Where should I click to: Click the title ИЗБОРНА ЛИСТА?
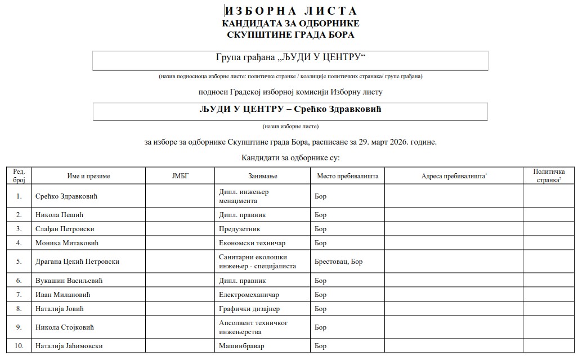[x=290, y=11]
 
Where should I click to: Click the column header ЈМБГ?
[x=180, y=176]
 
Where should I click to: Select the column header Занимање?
[x=262, y=176]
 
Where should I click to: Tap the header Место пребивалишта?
[x=347, y=176]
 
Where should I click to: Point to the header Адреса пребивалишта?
[x=454, y=176]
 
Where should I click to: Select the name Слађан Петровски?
[x=64, y=229]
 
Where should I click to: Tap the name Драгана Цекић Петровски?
[x=77, y=262]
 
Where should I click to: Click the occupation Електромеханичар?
[x=249, y=295]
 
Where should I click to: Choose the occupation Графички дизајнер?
[x=249, y=309]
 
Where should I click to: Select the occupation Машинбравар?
[x=241, y=346]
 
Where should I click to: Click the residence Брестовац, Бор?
[x=339, y=262]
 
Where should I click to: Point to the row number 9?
[x=19, y=327]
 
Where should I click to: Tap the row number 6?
[x=19, y=281]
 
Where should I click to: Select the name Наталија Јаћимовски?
[x=69, y=346]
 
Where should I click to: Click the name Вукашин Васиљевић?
[x=69, y=281]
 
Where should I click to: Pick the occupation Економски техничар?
[x=252, y=243]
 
